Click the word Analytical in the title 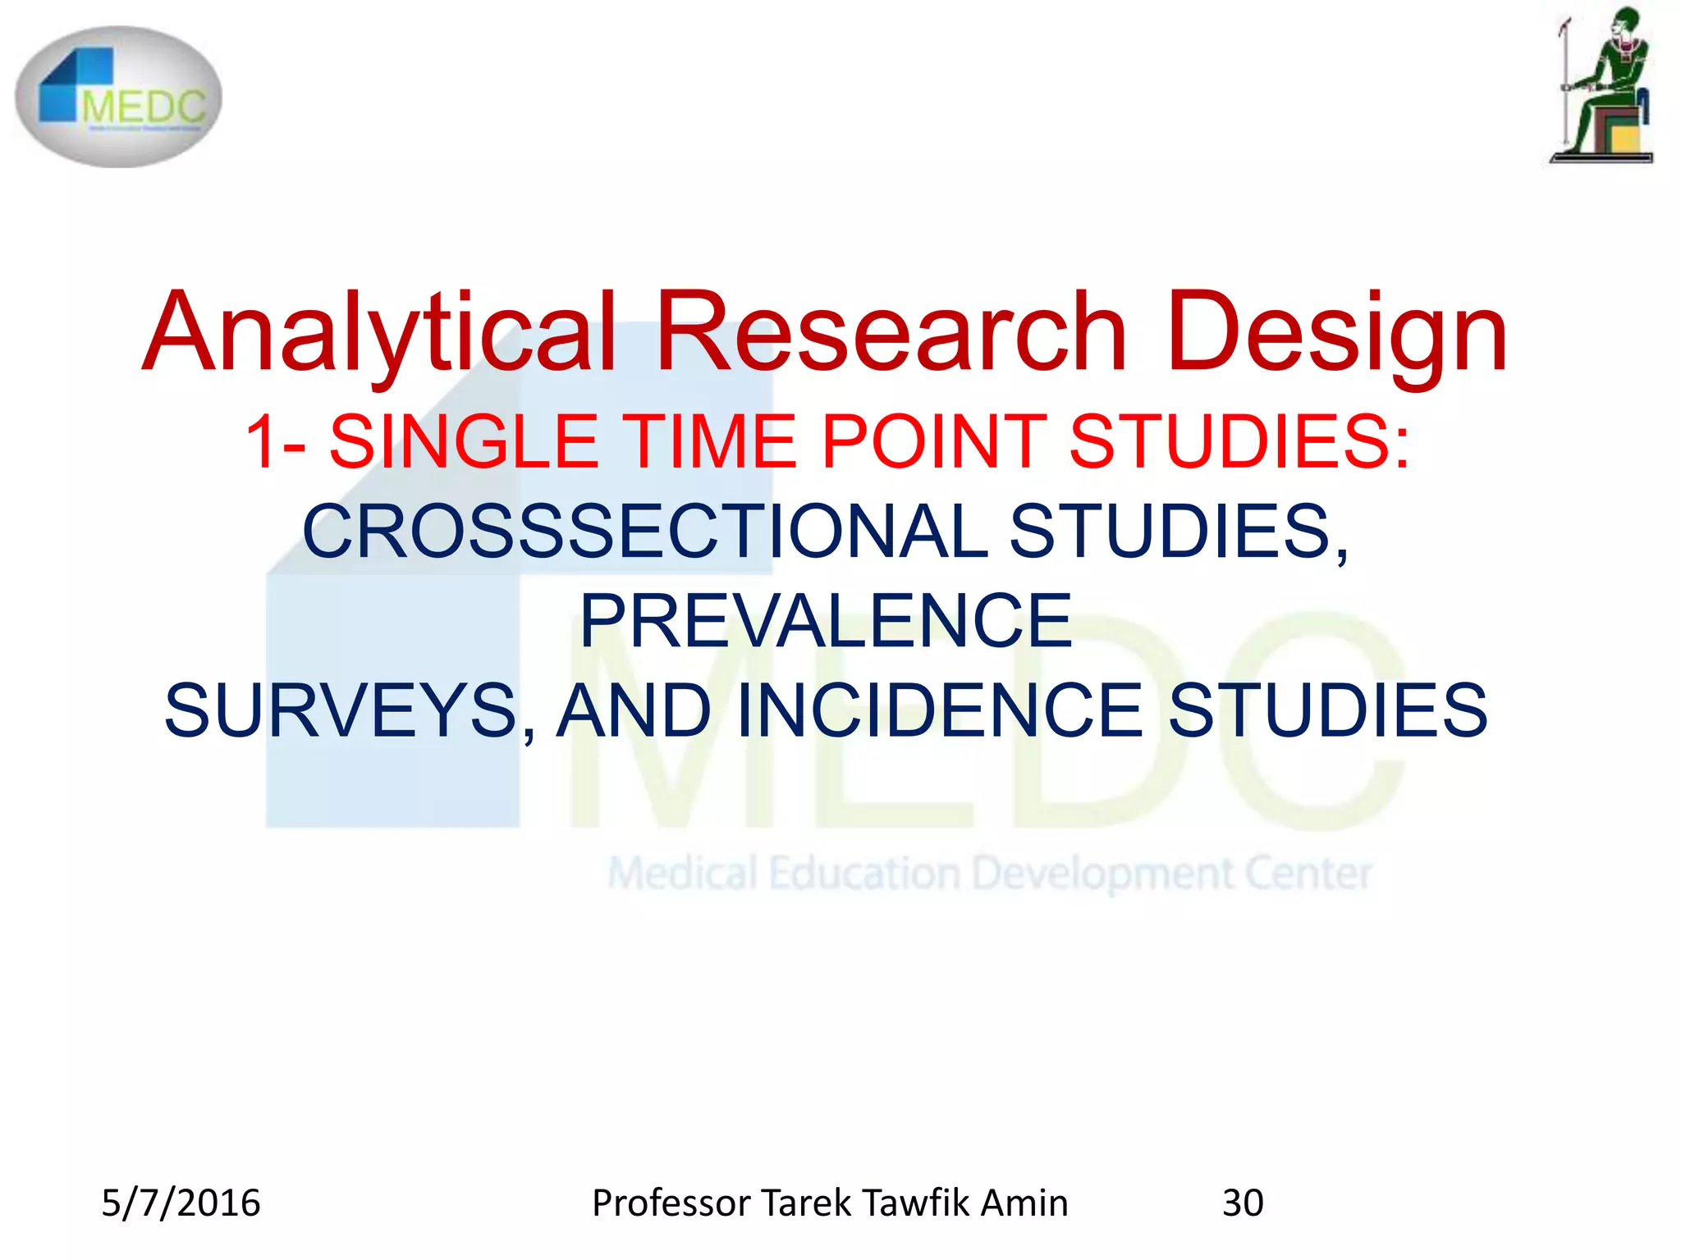click(379, 332)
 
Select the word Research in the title click(891, 332)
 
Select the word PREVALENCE click(826, 621)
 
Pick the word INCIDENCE click(940, 710)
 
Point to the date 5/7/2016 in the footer click(181, 1203)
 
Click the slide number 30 click(1243, 1203)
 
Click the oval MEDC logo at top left click(119, 97)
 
